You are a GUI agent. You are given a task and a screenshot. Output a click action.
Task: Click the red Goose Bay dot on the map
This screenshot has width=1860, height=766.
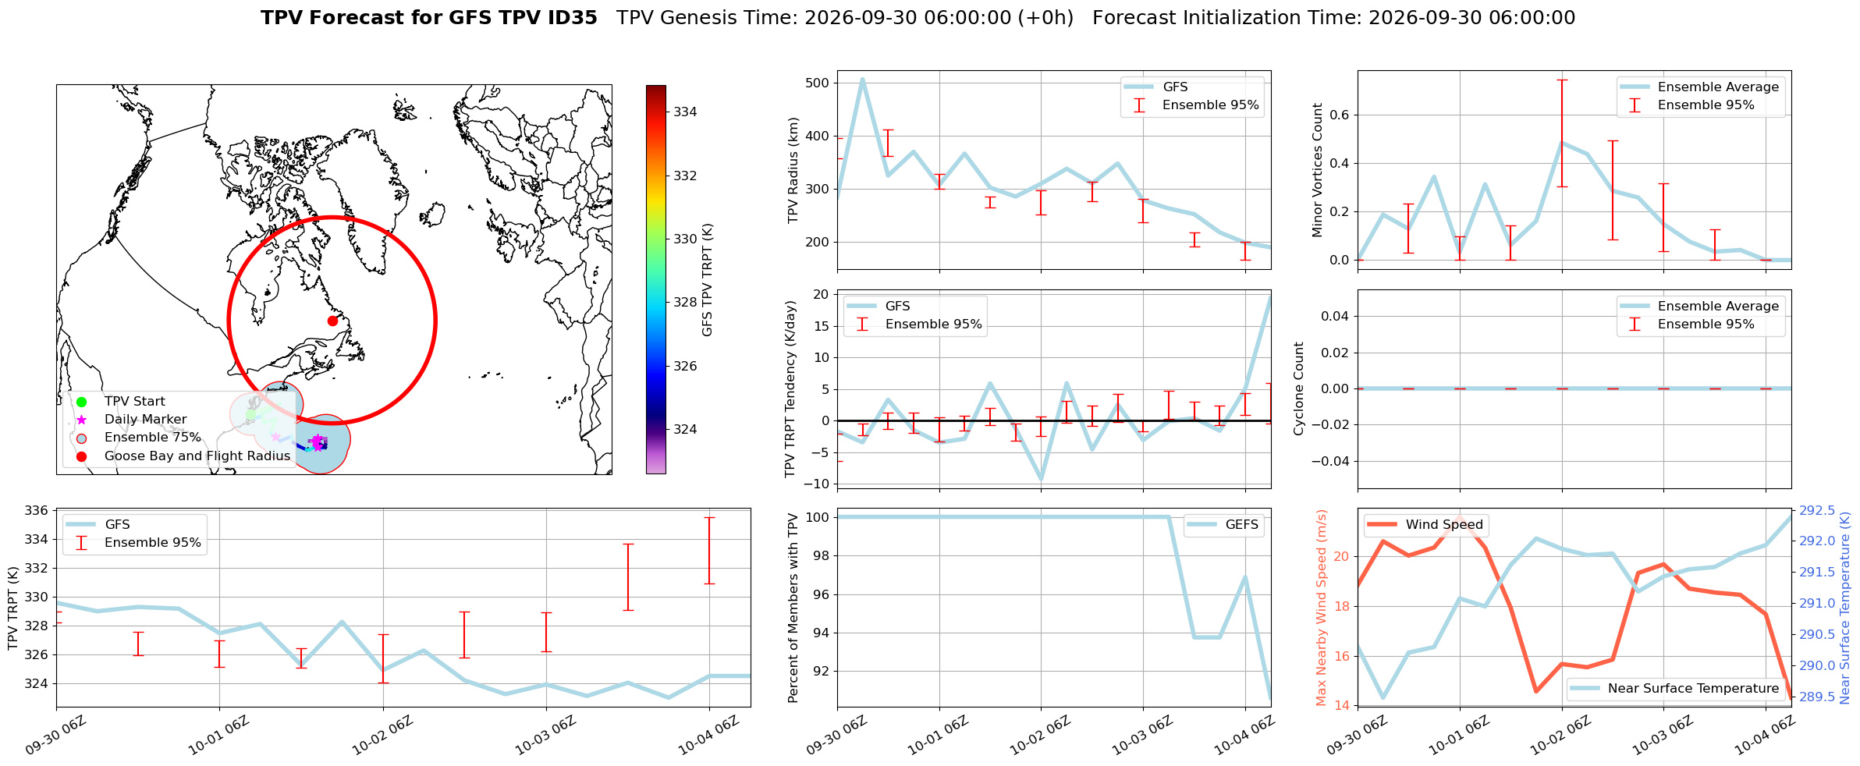click(332, 321)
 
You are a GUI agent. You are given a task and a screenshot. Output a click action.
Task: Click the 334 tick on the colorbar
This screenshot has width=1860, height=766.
click(685, 112)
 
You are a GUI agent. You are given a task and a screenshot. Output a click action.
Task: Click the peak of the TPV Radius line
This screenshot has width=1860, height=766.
click(862, 79)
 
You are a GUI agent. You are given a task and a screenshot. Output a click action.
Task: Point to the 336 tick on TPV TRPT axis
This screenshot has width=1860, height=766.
click(38, 511)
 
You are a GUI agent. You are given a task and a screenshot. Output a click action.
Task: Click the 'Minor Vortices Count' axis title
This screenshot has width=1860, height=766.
click(1318, 170)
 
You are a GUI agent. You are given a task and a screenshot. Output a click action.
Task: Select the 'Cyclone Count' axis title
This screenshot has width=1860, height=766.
click(1299, 388)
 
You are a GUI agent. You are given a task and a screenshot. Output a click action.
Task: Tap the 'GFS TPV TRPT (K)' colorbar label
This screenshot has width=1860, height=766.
click(708, 279)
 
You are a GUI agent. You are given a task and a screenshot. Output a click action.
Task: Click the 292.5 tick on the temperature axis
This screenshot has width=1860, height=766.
click(1817, 511)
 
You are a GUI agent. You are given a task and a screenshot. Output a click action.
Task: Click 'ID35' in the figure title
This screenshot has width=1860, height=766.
click(572, 18)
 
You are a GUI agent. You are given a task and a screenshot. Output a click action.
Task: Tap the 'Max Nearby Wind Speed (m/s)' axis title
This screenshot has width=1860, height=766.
click(1322, 608)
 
